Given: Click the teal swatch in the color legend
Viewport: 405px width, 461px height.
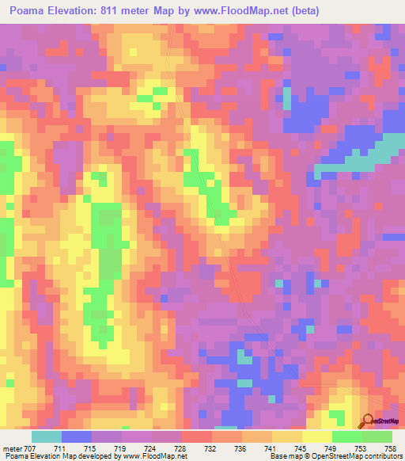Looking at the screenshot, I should click(47, 437).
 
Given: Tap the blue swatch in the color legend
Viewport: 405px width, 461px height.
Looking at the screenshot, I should click(77, 437).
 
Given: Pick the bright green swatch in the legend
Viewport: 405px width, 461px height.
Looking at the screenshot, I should click(347, 437).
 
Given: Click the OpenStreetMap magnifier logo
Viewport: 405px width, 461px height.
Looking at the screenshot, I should click(369, 421).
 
